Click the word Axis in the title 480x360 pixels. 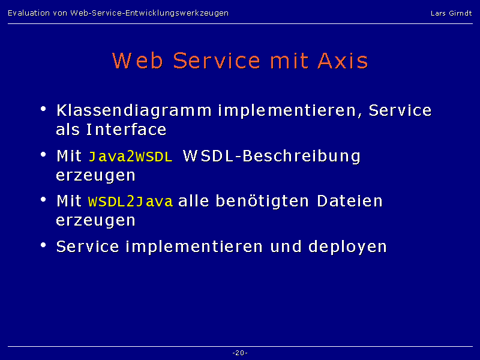(343, 61)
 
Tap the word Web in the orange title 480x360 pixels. (137, 61)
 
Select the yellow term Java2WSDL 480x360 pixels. (130, 157)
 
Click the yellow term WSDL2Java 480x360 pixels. (130, 202)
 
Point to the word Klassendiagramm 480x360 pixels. (134, 111)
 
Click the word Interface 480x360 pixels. (127, 130)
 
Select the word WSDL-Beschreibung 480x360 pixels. (272, 157)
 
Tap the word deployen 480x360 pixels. (347, 247)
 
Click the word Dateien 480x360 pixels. (350, 201)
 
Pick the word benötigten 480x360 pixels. (262, 202)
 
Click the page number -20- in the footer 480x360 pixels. (240, 353)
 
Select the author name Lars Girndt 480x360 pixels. (451, 13)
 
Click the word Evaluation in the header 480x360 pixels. (29, 13)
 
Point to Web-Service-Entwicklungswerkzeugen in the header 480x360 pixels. (149, 13)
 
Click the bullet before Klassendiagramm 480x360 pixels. (43, 109)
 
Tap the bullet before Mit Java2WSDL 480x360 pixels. (43, 154)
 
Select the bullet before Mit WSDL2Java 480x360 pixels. (43, 200)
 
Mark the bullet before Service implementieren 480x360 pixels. (43, 245)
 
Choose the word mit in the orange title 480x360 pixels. (289, 61)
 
